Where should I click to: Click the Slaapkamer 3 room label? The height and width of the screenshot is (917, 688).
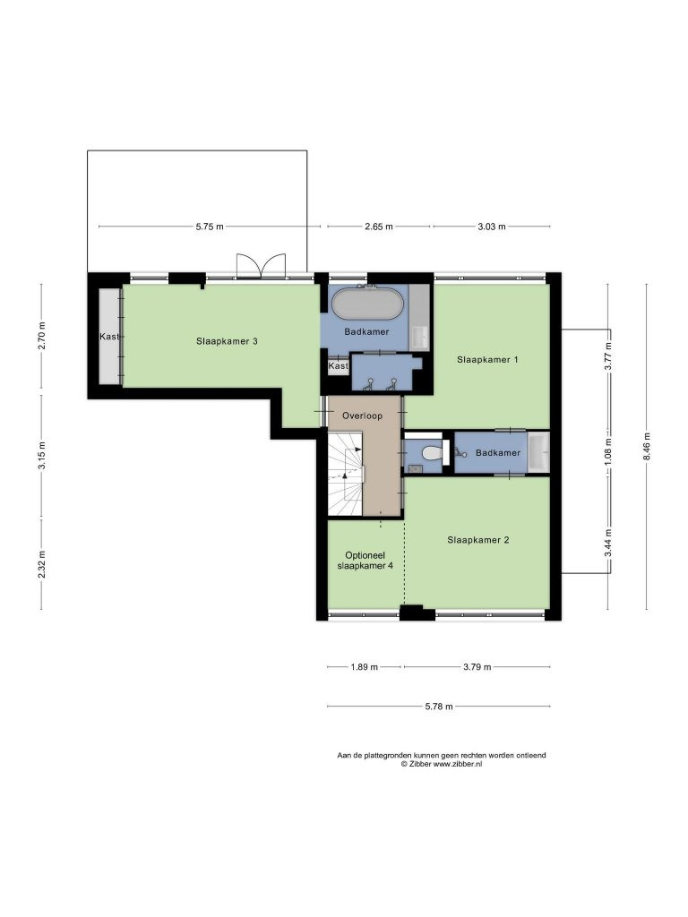227,341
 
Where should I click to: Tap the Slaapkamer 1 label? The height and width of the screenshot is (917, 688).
487,360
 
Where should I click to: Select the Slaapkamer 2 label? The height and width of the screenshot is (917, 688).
478,540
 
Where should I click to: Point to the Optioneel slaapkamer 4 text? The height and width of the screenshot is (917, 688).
365,561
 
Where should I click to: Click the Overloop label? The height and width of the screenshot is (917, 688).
362,416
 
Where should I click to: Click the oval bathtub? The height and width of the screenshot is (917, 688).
368,303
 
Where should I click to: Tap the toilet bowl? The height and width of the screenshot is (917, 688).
434,453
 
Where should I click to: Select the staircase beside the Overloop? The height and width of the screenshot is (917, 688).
345,475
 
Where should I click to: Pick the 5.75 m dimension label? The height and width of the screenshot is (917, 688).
210,227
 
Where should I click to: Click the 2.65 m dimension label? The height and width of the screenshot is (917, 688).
379,227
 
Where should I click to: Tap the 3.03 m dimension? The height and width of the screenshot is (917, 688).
492,227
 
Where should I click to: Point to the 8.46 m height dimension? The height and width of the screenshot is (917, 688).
647,446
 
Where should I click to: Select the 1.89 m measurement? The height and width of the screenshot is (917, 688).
364,666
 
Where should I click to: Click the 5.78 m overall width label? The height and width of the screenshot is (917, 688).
439,707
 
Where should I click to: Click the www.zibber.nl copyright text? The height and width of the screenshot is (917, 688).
442,764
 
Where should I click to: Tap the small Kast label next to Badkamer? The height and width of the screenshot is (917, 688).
338,366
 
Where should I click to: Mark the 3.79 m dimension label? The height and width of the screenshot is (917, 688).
477,666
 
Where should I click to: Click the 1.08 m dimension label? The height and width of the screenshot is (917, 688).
608,452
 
